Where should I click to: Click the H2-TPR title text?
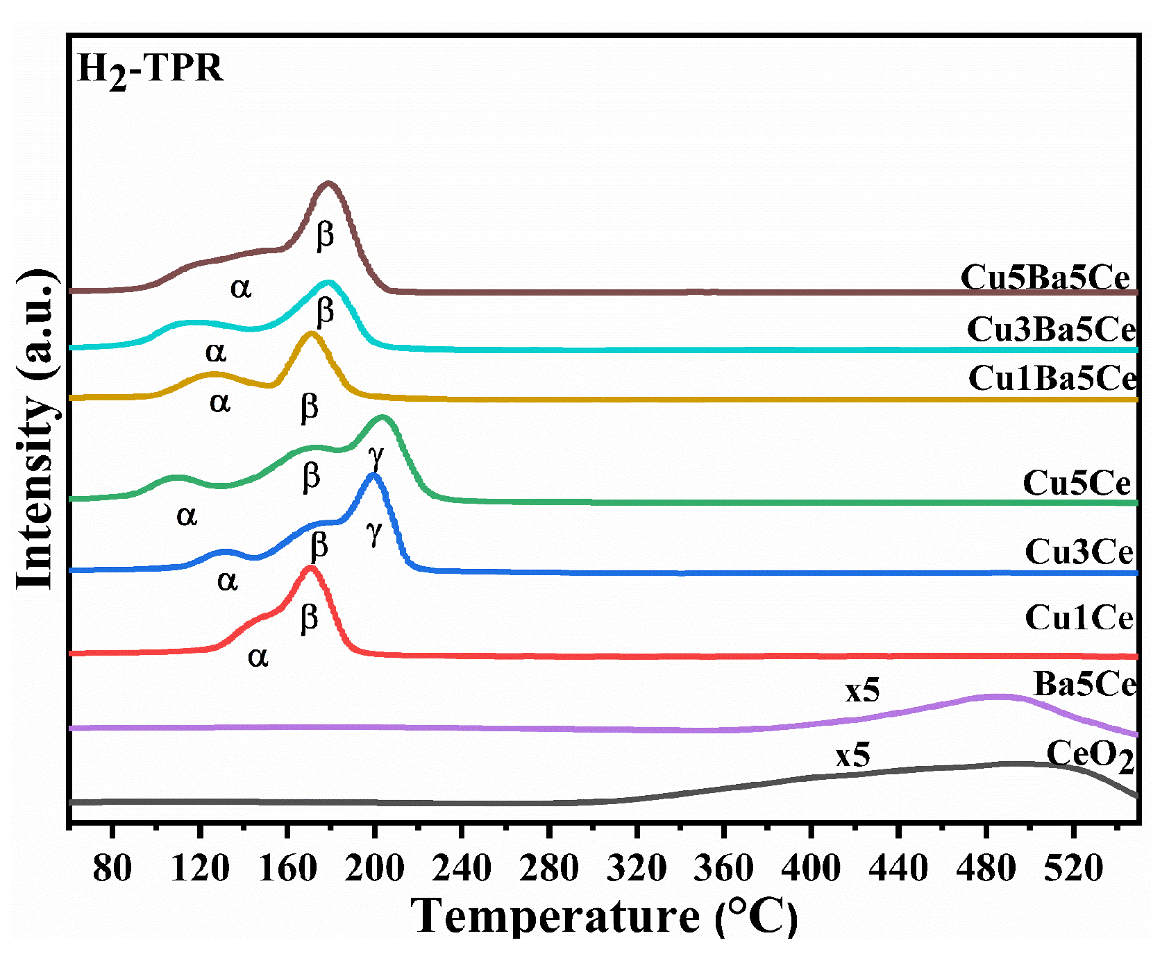[x=150, y=69]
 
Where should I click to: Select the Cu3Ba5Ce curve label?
[x=1050, y=330]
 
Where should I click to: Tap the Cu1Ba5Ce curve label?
[x=1052, y=379]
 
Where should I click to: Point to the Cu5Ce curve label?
[x=1076, y=483]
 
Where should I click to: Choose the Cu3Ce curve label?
[x=1079, y=552]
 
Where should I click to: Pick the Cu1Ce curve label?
[x=1079, y=617]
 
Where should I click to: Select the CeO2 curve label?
[x=1089, y=756]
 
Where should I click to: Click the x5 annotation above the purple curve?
[x=862, y=691]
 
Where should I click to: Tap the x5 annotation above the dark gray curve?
[x=852, y=756]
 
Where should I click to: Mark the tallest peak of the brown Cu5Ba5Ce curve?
[x=328, y=184]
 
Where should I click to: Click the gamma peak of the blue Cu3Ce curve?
[x=374, y=475]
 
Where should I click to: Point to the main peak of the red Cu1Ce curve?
[x=310, y=568]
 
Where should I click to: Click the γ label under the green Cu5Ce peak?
[x=376, y=456]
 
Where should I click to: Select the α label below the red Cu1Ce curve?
[x=258, y=656]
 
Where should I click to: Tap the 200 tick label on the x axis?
[x=374, y=868]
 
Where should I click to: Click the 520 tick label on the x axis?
[x=1073, y=868]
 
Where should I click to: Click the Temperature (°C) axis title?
[x=604, y=917]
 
